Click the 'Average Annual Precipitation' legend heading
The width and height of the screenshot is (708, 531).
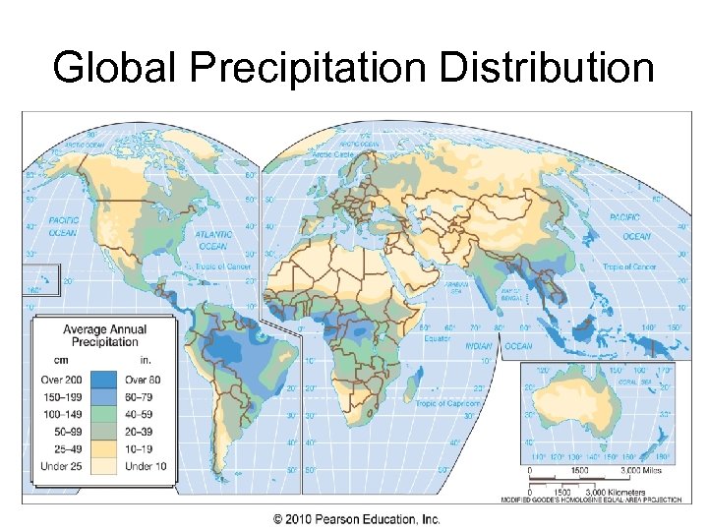coord(104,336)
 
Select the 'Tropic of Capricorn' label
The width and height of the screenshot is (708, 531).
coord(447,404)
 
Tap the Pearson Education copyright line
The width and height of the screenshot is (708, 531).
coord(356,519)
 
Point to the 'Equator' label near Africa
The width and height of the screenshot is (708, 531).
coord(437,338)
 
